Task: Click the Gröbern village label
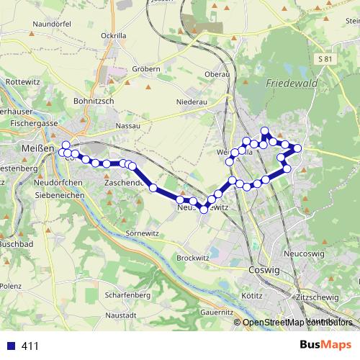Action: tap(146, 69)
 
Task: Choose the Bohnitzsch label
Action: tap(94, 102)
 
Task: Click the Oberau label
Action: tap(217, 74)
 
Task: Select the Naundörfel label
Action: tap(50, 24)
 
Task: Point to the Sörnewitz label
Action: tap(141, 234)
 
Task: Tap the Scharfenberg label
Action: tap(126, 295)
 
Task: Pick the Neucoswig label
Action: tap(305, 254)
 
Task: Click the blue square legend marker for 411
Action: tap(9, 346)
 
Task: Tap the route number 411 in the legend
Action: tap(30, 346)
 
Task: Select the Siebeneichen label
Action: tap(60, 195)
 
